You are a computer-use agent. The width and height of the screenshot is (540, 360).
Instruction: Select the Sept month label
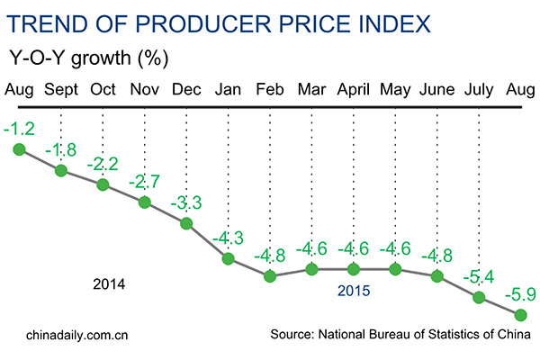(60, 91)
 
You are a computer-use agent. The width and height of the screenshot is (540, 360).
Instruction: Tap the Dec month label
(185, 91)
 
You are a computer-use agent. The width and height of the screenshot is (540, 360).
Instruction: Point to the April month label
(353, 91)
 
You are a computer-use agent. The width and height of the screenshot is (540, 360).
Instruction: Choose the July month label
(479, 91)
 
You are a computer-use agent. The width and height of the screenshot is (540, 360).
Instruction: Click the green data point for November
(144, 202)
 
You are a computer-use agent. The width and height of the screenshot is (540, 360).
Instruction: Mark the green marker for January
(228, 259)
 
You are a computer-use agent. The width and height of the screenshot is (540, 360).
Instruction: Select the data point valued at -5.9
(520, 314)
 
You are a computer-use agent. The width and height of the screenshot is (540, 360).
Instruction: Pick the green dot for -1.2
(19, 148)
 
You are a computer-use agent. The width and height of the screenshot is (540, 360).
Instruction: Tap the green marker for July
(479, 298)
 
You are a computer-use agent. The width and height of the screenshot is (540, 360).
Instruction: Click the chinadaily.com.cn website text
(71, 335)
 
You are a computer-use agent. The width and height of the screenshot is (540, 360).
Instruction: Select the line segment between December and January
(207, 241)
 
